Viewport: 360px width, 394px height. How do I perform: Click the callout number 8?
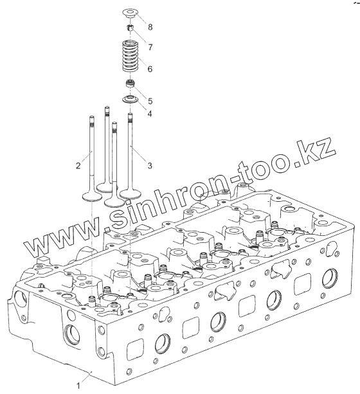(150, 27)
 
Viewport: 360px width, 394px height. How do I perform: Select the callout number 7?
(150, 47)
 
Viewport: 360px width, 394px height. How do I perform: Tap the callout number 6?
(150, 69)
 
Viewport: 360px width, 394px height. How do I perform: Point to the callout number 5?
(150, 101)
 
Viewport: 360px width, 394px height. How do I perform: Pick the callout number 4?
(150, 114)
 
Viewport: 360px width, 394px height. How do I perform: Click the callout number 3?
(150, 166)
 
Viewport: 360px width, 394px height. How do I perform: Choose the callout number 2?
(78, 166)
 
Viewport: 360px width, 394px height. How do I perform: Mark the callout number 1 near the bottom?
(78, 386)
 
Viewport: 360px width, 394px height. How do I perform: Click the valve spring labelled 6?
(130, 55)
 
